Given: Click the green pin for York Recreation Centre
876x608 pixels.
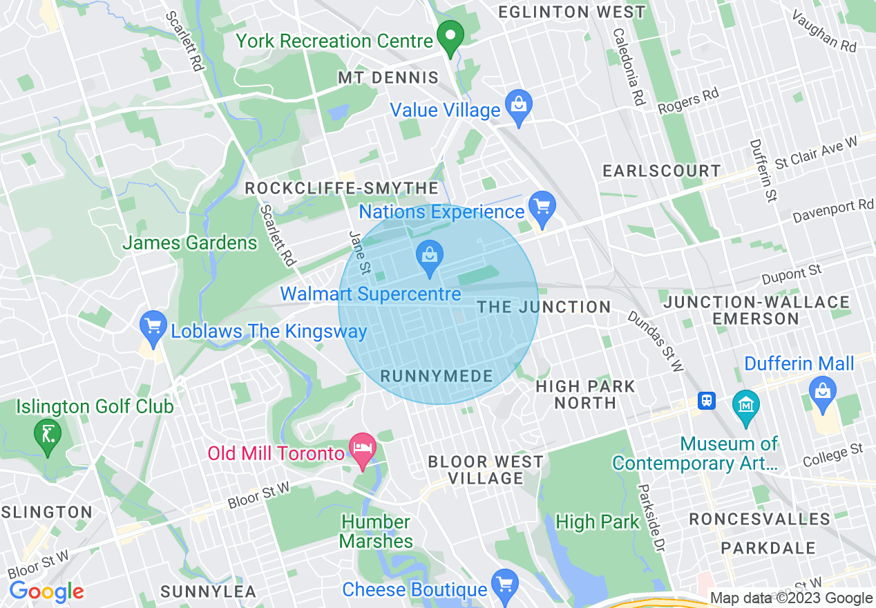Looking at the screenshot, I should click(451, 38).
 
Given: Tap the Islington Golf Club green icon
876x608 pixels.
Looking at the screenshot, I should click(47, 436).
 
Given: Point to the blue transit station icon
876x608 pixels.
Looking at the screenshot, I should click(706, 401).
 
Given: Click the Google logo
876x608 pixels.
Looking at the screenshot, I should click(46, 591).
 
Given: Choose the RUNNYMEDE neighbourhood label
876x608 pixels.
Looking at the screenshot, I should click(437, 377).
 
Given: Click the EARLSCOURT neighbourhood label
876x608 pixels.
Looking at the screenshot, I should click(661, 171).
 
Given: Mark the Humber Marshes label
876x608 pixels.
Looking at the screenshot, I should click(377, 531).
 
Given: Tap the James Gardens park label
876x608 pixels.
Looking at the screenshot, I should click(189, 243).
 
